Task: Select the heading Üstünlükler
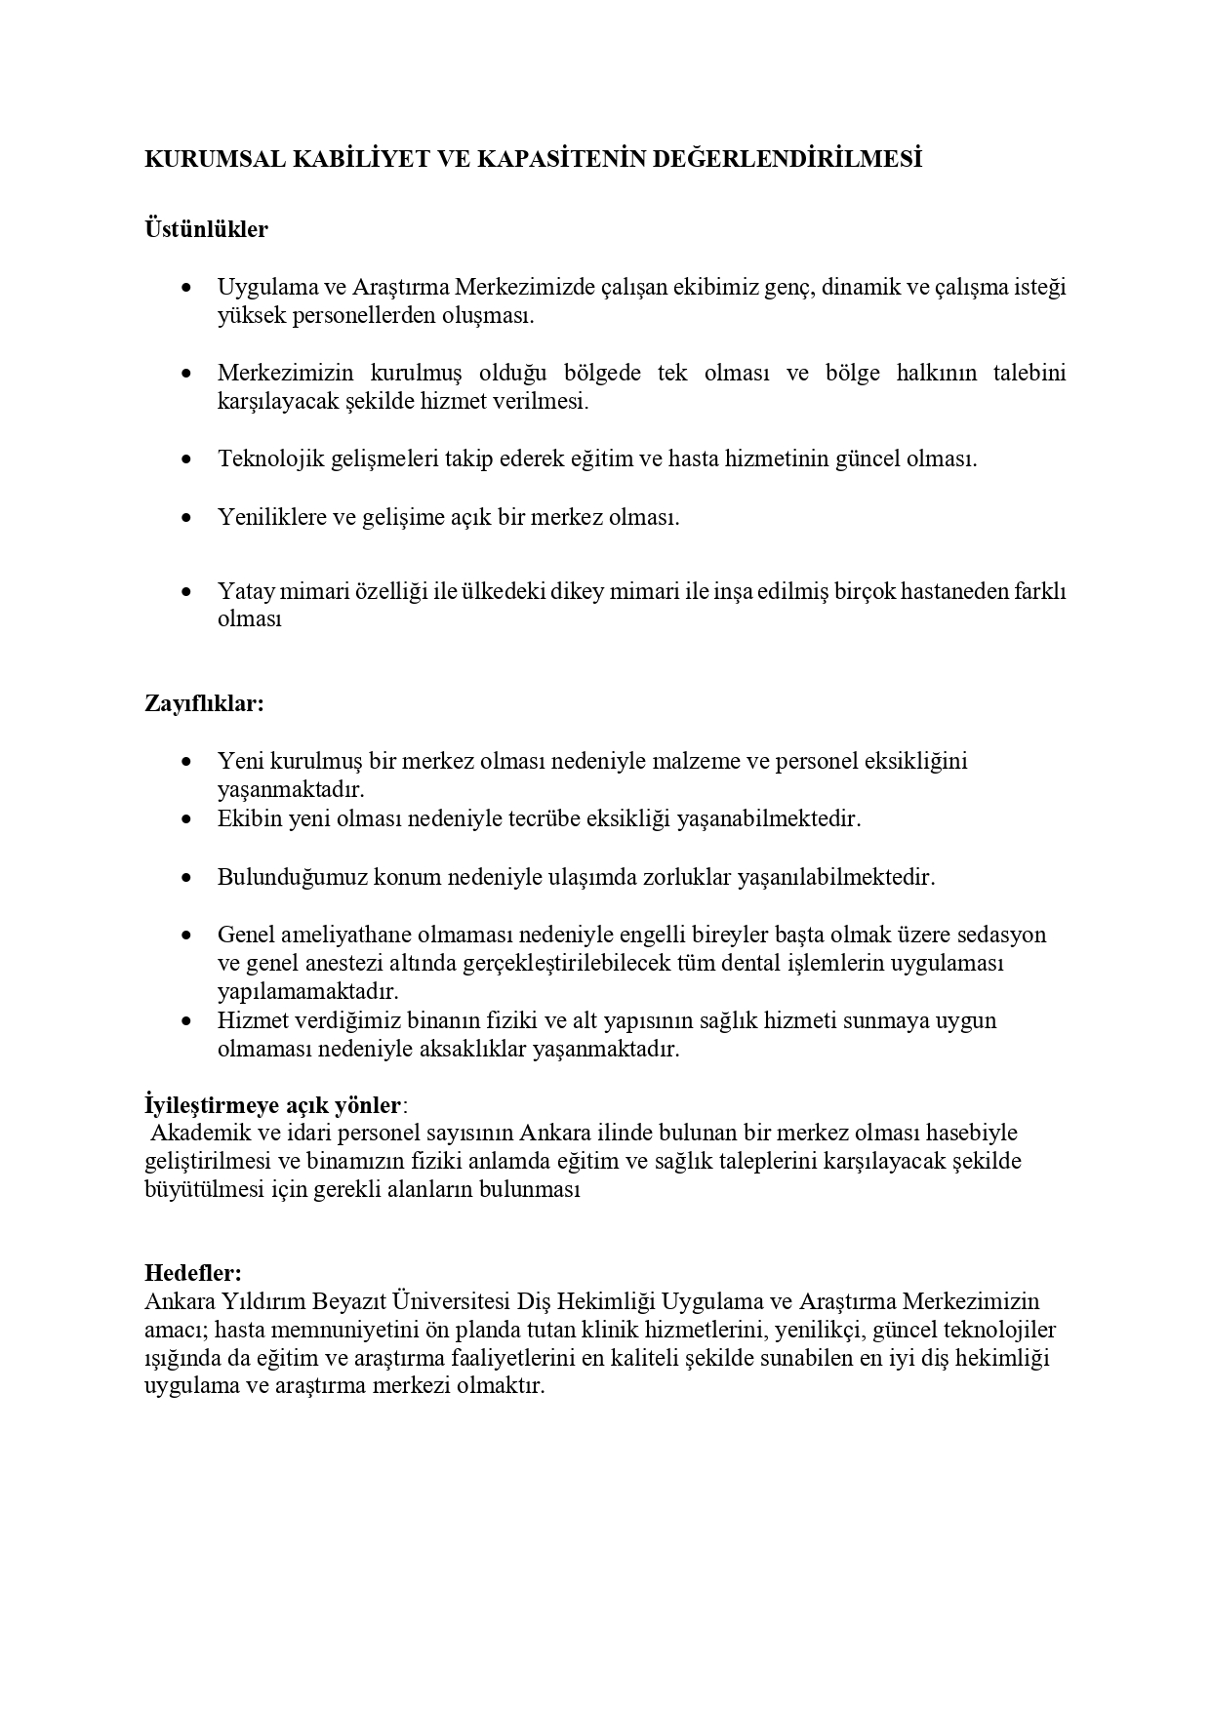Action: click(x=206, y=230)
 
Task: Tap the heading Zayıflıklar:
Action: click(x=204, y=703)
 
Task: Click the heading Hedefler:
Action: click(x=193, y=1273)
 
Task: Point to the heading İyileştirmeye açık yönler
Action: click(x=272, y=1105)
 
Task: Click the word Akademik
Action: click(x=201, y=1134)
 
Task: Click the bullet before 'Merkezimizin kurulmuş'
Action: click(x=186, y=374)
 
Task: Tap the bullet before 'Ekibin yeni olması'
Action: click(x=186, y=819)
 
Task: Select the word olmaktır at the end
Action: click(x=500, y=1386)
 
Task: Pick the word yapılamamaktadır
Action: click(x=308, y=992)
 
